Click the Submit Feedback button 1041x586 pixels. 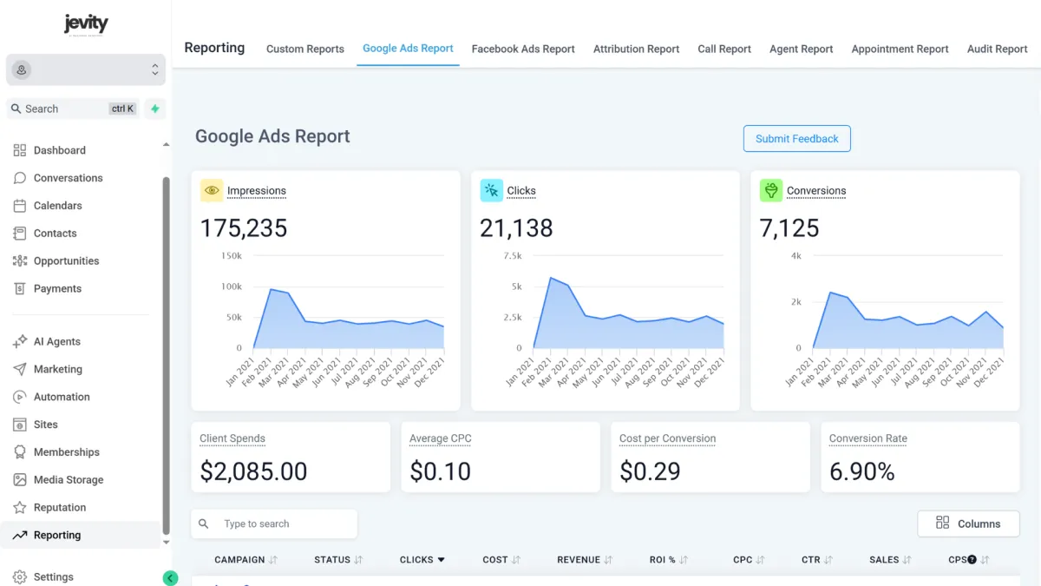pyautogui.click(x=796, y=139)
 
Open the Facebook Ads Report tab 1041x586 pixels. pyautogui.click(x=523, y=49)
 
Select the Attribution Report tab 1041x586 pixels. pyautogui.click(x=636, y=49)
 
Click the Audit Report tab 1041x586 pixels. pyautogui.click(x=997, y=49)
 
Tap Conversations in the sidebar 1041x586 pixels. pyautogui.click(x=68, y=178)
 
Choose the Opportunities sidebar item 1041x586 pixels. pyautogui.click(x=66, y=261)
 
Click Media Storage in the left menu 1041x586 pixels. pyautogui.click(x=68, y=480)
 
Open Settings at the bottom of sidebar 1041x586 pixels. pyautogui.click(x=53, y=577)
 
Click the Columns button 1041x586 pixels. pyautogui.click(x=968, y=523)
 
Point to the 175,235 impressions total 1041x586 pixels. pyautogui.click(x=244, y=228)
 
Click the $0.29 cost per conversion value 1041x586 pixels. pyautogui.click(x=650, y=471)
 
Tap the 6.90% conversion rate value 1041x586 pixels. pyautogui.click(x=861, y=471)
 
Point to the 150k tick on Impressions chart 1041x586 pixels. pyautogui.click(x=232, y=256)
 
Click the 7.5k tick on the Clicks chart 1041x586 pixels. pyautogui.click(x=512, y=256)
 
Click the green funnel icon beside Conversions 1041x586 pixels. pyautogui.click(x=770, y=191)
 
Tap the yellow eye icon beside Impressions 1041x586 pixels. pyautogui.click(x=211, y=191)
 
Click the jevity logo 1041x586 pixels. pyautogui.click(x=86, y=24)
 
